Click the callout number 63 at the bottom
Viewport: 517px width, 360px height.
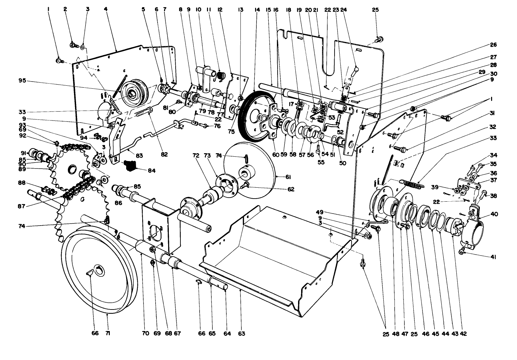pos(241,333)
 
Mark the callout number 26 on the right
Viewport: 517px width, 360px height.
pos(494,45)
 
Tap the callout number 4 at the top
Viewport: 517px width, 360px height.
pos(106,10)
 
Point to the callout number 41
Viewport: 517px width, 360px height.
pos(493,257)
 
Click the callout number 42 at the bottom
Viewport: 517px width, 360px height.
pos(463,333)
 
